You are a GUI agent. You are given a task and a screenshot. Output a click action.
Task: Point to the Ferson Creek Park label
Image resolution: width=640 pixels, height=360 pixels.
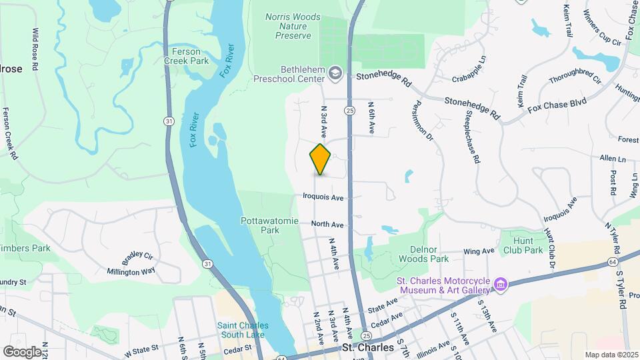tap(191, 55)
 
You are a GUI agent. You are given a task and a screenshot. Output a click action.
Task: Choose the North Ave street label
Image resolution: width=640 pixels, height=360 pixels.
tap(327, 225)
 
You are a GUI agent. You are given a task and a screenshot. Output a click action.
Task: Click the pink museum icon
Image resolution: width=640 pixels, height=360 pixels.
tap(499, 285)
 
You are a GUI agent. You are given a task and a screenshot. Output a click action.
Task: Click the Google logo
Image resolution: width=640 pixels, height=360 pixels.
tap(21, 351)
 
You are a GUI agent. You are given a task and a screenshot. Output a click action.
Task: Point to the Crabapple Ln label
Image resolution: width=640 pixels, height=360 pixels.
tap(470, 78)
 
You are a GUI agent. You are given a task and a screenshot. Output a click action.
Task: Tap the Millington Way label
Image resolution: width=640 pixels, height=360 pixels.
tap(131, 271)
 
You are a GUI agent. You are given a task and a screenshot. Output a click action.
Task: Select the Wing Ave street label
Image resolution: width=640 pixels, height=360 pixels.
tap(479, 251)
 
